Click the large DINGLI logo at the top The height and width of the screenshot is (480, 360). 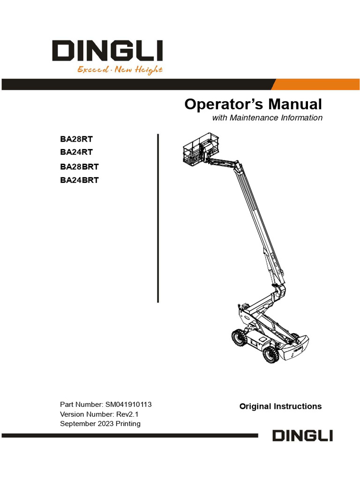[x=107, y=51]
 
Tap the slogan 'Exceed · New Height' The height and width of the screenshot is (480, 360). [x=120, y=70]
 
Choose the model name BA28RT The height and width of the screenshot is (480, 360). [x=76, y=139]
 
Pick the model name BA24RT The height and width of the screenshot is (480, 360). [x=76, y=152]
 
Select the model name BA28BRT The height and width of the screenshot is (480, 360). [x=79, y=167]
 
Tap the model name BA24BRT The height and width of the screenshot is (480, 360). [x=79, y=180]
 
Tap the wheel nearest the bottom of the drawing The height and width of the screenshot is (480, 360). [x=270, y=355]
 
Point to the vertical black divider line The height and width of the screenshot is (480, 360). [x=158, y=218]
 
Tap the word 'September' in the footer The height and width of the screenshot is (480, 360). [x=76, y=424]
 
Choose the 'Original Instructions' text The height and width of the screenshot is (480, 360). [x=280, y=406]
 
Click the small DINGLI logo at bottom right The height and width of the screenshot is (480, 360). [x=302, y=435]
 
